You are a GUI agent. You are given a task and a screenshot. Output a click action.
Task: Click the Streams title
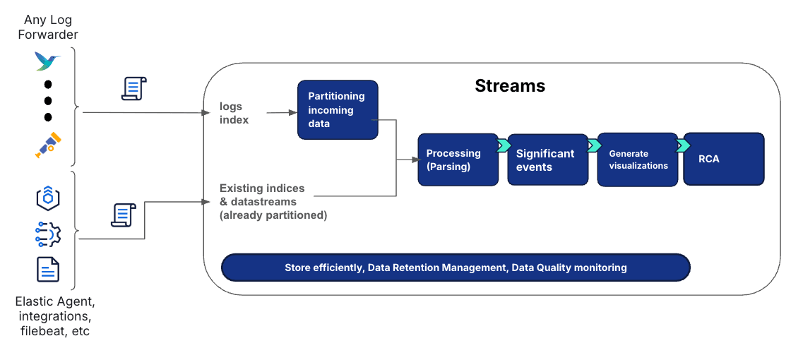509,86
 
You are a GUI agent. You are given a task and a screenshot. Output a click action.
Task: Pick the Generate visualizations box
637,160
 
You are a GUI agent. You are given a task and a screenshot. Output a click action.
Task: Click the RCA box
723,159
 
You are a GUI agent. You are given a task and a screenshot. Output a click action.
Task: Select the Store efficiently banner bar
456,268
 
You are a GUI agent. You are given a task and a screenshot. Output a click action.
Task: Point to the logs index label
231,113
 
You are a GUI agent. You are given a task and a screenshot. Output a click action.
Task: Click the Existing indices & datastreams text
273,202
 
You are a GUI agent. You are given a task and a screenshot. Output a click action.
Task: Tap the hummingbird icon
47,61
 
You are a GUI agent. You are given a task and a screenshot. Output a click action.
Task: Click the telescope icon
48,145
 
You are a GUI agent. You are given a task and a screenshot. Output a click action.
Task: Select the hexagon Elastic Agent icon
48,198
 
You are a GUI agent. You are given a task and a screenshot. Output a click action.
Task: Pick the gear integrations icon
48,234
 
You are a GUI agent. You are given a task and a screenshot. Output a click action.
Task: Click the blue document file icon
48,269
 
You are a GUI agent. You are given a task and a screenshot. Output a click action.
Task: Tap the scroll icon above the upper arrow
134,89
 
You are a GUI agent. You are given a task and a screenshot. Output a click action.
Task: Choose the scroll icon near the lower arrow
124,215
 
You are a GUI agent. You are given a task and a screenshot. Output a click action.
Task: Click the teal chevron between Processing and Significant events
504,145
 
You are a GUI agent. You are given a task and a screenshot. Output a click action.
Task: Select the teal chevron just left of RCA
682,145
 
